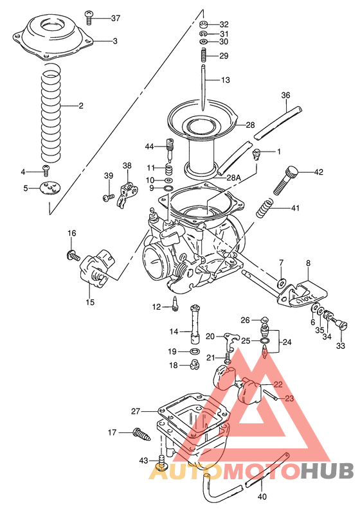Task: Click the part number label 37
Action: point(115,18)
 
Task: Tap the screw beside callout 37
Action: point(89,14)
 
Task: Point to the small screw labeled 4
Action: point(46,170)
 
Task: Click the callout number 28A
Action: point(233,177)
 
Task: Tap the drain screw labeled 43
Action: point(161,464)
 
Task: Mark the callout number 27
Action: point(135,410)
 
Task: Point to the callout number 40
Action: point(261,497)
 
